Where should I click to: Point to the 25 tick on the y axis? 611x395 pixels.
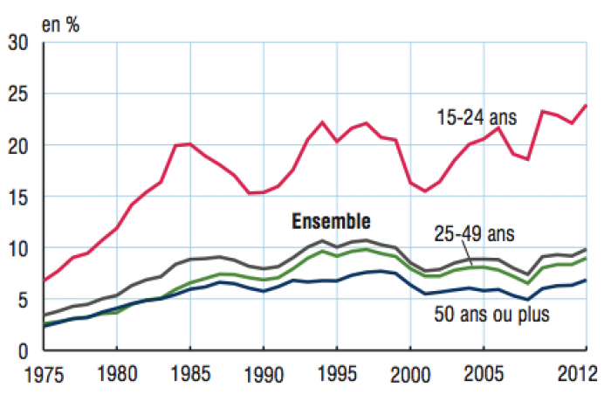[x=17, y=94]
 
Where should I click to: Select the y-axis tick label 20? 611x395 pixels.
[x=17, y=145]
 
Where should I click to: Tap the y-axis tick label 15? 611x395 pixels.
[x=17, y=197]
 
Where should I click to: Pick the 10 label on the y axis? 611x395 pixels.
[x=17, y=248]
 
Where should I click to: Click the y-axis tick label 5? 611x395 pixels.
[x=24, y=300]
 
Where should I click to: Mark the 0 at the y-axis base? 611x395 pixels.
[x=24, y=351]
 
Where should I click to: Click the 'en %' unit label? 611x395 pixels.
[x=60, y=24]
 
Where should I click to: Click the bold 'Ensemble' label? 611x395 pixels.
[x=331, y=220]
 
